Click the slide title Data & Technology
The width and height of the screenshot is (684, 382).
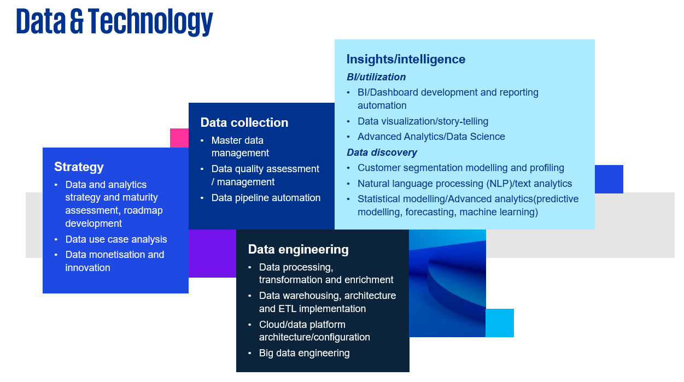(114, 22)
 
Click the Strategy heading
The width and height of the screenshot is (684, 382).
(79, 167)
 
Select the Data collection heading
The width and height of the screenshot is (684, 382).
(244, 122)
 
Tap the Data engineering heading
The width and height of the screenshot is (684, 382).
(298, 249)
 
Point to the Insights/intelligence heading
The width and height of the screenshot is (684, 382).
(406, 59)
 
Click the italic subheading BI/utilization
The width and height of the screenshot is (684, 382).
(376, 77)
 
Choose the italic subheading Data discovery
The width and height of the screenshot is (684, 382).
(382, 152)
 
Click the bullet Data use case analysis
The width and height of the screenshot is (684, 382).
(116, 239)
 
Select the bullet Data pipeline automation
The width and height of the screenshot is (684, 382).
(266, 198)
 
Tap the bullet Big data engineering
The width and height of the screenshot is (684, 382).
(304, 353)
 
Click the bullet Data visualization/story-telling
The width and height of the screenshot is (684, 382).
(423, 121)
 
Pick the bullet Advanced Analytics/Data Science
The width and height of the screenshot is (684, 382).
(431, 137)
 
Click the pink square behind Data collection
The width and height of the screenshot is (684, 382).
(179, 138)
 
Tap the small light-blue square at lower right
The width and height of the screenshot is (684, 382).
(500, 323)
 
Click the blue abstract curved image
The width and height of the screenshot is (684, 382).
(447, 284)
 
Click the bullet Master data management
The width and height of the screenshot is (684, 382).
(240, 146)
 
